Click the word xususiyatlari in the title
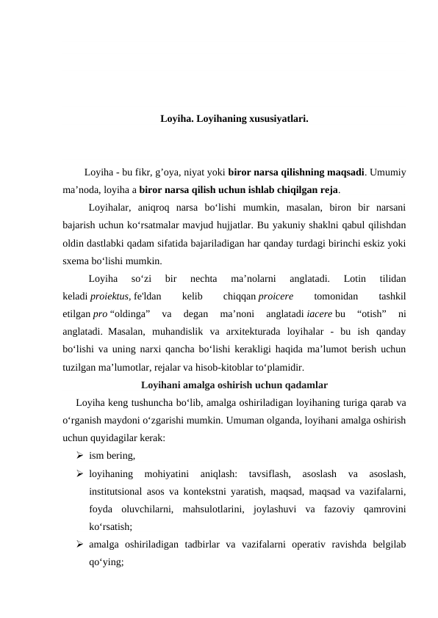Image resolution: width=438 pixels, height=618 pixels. tap(278, 117)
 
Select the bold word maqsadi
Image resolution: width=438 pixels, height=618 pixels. tap(345, 173)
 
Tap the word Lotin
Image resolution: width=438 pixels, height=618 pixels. tap(354, 279)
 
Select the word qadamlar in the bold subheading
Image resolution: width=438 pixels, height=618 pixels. tap(300, 384)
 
